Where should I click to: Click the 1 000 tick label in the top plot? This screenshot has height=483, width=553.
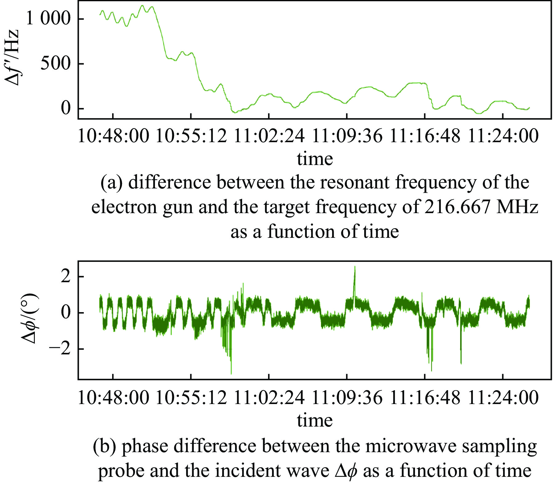[x=48, y=19]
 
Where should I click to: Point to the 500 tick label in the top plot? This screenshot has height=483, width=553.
[x=55, y=64]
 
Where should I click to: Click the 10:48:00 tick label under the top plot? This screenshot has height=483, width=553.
[x=113, y=136]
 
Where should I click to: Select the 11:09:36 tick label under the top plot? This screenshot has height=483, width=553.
[x=347, y=136]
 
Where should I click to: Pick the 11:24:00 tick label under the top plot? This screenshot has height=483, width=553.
[x=503, y=136]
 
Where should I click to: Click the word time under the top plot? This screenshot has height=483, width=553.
[x=315, y=159]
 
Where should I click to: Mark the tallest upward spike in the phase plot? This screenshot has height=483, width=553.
[x=355, y=267]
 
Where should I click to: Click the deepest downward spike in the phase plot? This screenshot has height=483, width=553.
[x=231, y=373]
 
